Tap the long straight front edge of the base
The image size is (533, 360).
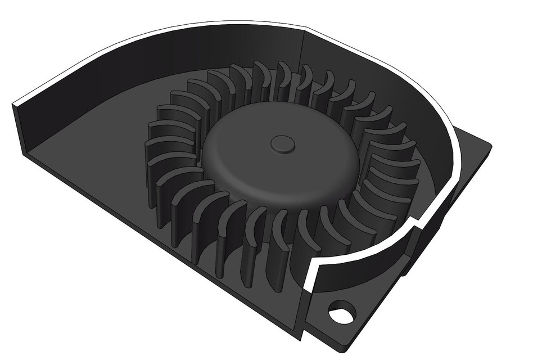pyautogui.click(x=169, y=247)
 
